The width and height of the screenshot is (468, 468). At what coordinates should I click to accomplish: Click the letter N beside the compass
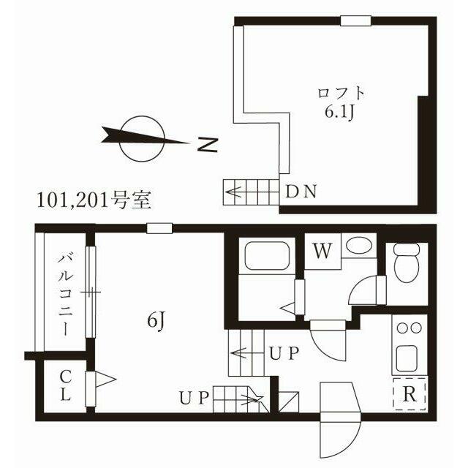point(208,146)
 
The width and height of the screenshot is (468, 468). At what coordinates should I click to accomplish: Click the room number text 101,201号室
point(94,200)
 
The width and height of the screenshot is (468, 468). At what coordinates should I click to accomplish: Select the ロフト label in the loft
point(341,93)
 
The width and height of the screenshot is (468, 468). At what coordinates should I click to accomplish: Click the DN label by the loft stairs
point(301,192)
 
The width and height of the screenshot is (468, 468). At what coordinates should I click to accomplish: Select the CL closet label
point(66,385)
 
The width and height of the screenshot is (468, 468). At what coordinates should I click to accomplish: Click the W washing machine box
point(322,251)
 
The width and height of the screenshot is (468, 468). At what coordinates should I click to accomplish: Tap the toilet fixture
point(407,263)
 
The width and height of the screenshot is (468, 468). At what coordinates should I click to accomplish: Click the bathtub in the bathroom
point(267,254)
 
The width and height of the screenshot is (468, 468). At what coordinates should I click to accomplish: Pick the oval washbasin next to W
point(360,244)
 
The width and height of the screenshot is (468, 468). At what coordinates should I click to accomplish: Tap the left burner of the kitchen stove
point(401,328)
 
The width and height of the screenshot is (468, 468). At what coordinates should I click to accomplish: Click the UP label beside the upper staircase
point(284,353)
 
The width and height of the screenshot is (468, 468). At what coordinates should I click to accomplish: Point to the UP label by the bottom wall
point(194,398)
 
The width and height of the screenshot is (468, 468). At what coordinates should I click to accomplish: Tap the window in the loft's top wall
point(356,21)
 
